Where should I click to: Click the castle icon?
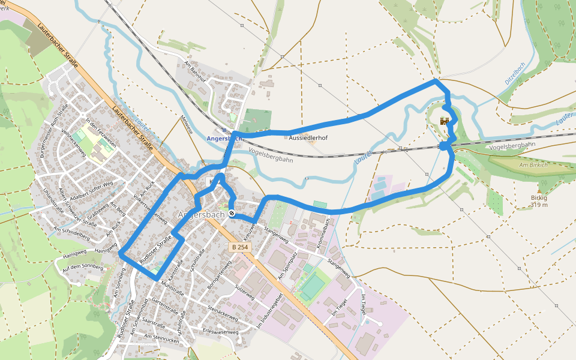[x=445, y=121]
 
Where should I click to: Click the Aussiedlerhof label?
[x=308, y=137]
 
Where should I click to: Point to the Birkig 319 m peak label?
[x=539, y=201]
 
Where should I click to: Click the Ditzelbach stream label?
[x=515, y=73]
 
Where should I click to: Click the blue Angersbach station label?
[x=224, y=138]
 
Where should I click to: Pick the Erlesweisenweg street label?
[x=221, y=331]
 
